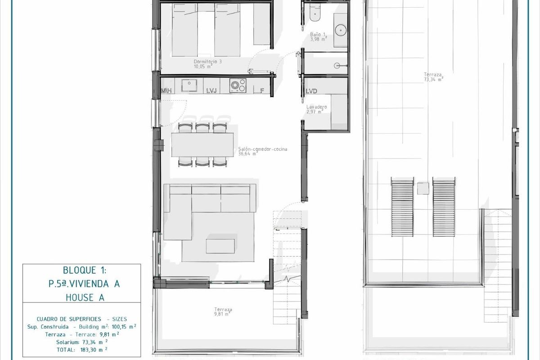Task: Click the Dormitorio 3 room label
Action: pyautogui.click(x=207, y=62)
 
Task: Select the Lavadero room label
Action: pyautogui.click(x=316, y=107)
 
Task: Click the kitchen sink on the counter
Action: pyautogui.click(x=188, y=85)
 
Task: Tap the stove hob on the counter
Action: pyautogui.click(x=237, y=85)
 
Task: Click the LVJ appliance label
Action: pyautogui.click(x=211, y=91)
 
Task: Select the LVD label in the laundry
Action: pyautogui.click(x=311, y=91)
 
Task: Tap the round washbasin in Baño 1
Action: pyautogui.click(x=340, y=30)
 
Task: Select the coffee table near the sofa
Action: pyautogui.click(x=220, y=246)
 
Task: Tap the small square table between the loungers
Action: pyautogui.click(x=423, y=188)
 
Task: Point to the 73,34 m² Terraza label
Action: pyautogui.click(x=433, y=77)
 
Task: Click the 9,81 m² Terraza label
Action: pyautogui.click(x=223, y=311)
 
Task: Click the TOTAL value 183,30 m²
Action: pyautogui.click(x=94, y=349)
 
